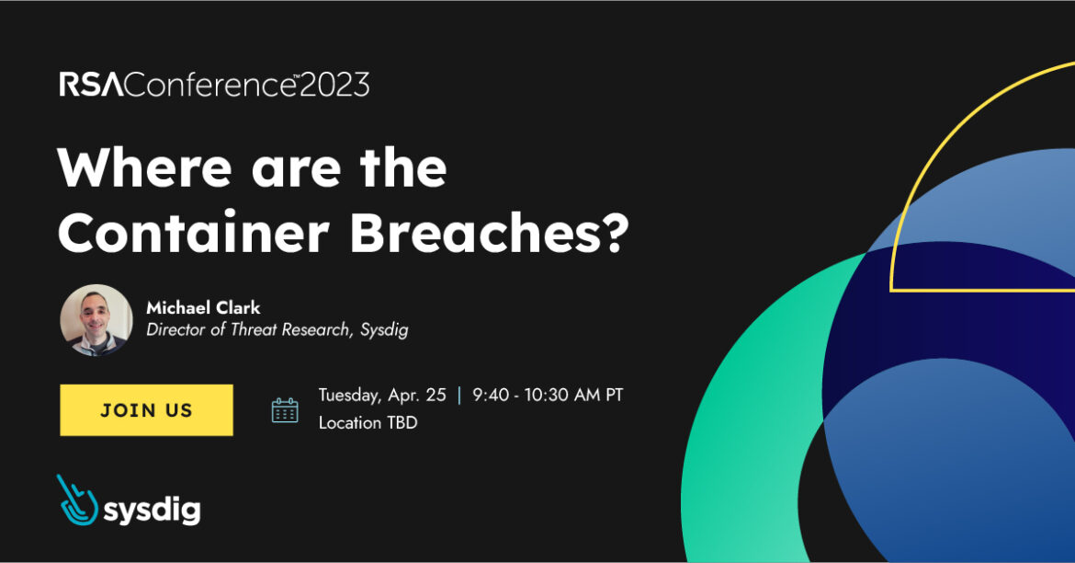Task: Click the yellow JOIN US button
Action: click(146, 410)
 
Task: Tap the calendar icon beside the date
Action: click(285, 410)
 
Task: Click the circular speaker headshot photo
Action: click(96, 320)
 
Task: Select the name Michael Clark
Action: click(203, 308)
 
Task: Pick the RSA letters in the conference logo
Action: click(89, 86)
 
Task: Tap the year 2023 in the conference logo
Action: click(334, 86)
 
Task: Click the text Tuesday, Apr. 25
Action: click(382, 396)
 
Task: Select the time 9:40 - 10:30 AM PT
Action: click(548, 396)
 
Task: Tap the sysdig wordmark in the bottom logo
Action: click(151, 508)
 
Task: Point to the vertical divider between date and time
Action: click(459, 396)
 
